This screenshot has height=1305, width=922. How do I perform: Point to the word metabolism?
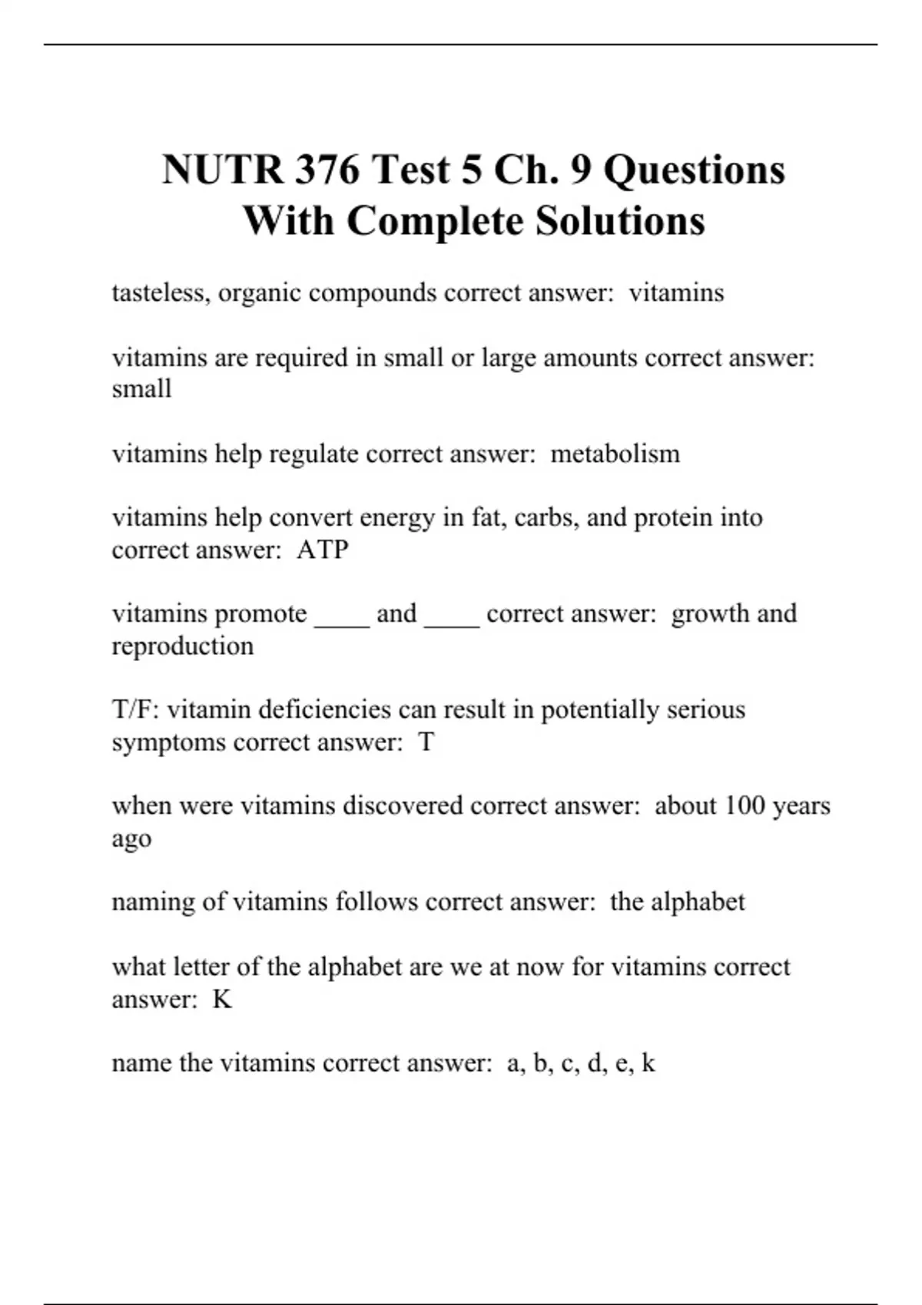615,454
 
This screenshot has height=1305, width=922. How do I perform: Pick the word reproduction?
183,646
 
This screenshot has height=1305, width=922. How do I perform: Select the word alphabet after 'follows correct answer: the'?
698,902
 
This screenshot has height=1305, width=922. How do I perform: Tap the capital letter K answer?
222,999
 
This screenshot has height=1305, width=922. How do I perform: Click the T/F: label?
136,709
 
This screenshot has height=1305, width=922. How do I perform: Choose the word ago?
131,840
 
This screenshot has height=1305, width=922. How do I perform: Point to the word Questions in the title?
694,170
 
